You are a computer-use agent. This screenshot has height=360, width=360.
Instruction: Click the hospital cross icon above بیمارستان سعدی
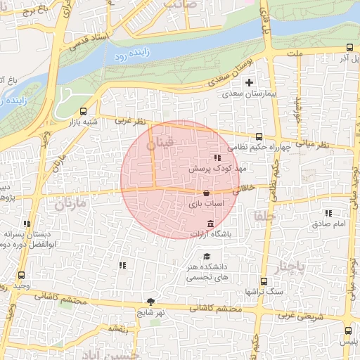[x=248, y=82]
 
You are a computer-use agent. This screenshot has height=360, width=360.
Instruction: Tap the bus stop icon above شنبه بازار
[x=84, y=111]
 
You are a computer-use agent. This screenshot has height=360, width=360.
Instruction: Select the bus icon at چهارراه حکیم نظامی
[x=258, y=136]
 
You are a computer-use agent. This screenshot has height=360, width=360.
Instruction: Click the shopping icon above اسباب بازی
[x=206, y=193]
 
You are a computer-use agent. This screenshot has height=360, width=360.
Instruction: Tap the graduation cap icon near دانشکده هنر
[x=206, y=257]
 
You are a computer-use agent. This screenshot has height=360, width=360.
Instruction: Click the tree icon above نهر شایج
[x=150, y=300]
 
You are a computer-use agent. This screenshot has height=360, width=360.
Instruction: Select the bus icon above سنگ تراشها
[x=259, y=279]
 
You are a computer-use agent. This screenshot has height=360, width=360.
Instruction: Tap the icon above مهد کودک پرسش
[x=217, y=158]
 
